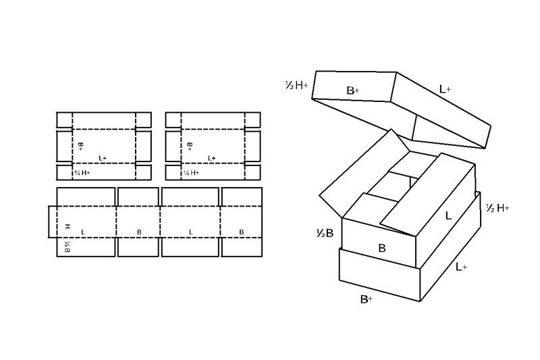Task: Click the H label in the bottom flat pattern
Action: tap(68, 226)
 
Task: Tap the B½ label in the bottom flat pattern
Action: tap(67, 247)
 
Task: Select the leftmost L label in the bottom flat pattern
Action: tap(82, 232)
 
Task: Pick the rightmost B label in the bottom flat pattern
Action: tap(242, 232)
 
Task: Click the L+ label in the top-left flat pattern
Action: tap(103, 158)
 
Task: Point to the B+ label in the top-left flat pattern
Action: tap(80, 147)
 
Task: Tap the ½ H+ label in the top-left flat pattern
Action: tap(82, 173)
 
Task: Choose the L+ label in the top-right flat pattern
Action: tap(212, 158)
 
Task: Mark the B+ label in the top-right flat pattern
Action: tap(190, 147)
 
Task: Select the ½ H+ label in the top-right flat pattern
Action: tap(192, 173)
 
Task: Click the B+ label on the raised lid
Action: tap(352, 91)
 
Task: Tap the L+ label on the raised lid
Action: tap(445, 90)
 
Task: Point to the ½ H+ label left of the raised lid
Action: tap(296, 85)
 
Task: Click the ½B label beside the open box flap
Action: tap(325, 234)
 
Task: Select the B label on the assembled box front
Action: tap(382, 248)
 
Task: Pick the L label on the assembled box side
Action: tap(448, 216)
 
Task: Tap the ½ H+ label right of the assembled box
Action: tap(497, 208)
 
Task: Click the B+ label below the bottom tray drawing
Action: tap(367, 299)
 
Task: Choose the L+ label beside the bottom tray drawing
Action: tap(462, 267)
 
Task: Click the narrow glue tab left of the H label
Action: tap(53, 222)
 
